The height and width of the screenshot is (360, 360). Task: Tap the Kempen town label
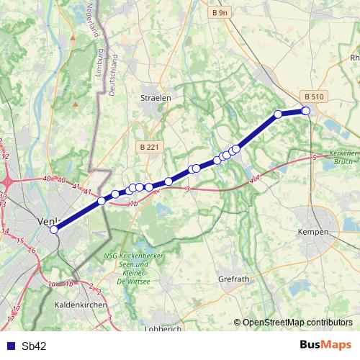coord(313,232)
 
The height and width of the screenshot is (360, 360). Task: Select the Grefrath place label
coord(233,278)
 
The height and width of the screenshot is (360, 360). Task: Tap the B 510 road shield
coord(315,96)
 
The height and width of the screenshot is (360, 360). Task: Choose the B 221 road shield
coord(150,147)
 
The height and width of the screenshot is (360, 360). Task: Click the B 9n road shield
coord(220,13)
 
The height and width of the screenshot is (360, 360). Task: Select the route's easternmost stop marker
coord(306,111)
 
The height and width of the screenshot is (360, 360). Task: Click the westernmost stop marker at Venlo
coord(54,230)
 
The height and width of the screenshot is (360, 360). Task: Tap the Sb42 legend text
coord(35,346)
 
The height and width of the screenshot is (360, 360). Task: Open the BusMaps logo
coord(325,345)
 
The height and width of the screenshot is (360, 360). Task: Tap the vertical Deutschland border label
coord(112,75)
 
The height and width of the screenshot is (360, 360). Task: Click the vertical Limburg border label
coord(101,63)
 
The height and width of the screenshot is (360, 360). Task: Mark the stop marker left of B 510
coord(278,114)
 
